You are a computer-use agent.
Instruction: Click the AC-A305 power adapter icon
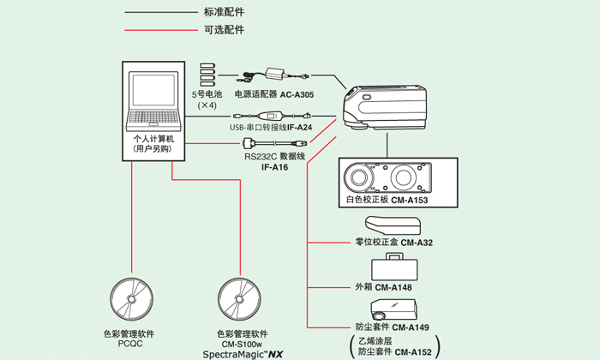(275, 74)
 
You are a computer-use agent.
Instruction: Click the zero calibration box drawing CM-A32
(393, 224)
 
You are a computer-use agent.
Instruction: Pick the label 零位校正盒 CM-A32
(393, 243)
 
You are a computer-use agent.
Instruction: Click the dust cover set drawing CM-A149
(393, 309)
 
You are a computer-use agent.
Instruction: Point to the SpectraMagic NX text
(243, 353)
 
